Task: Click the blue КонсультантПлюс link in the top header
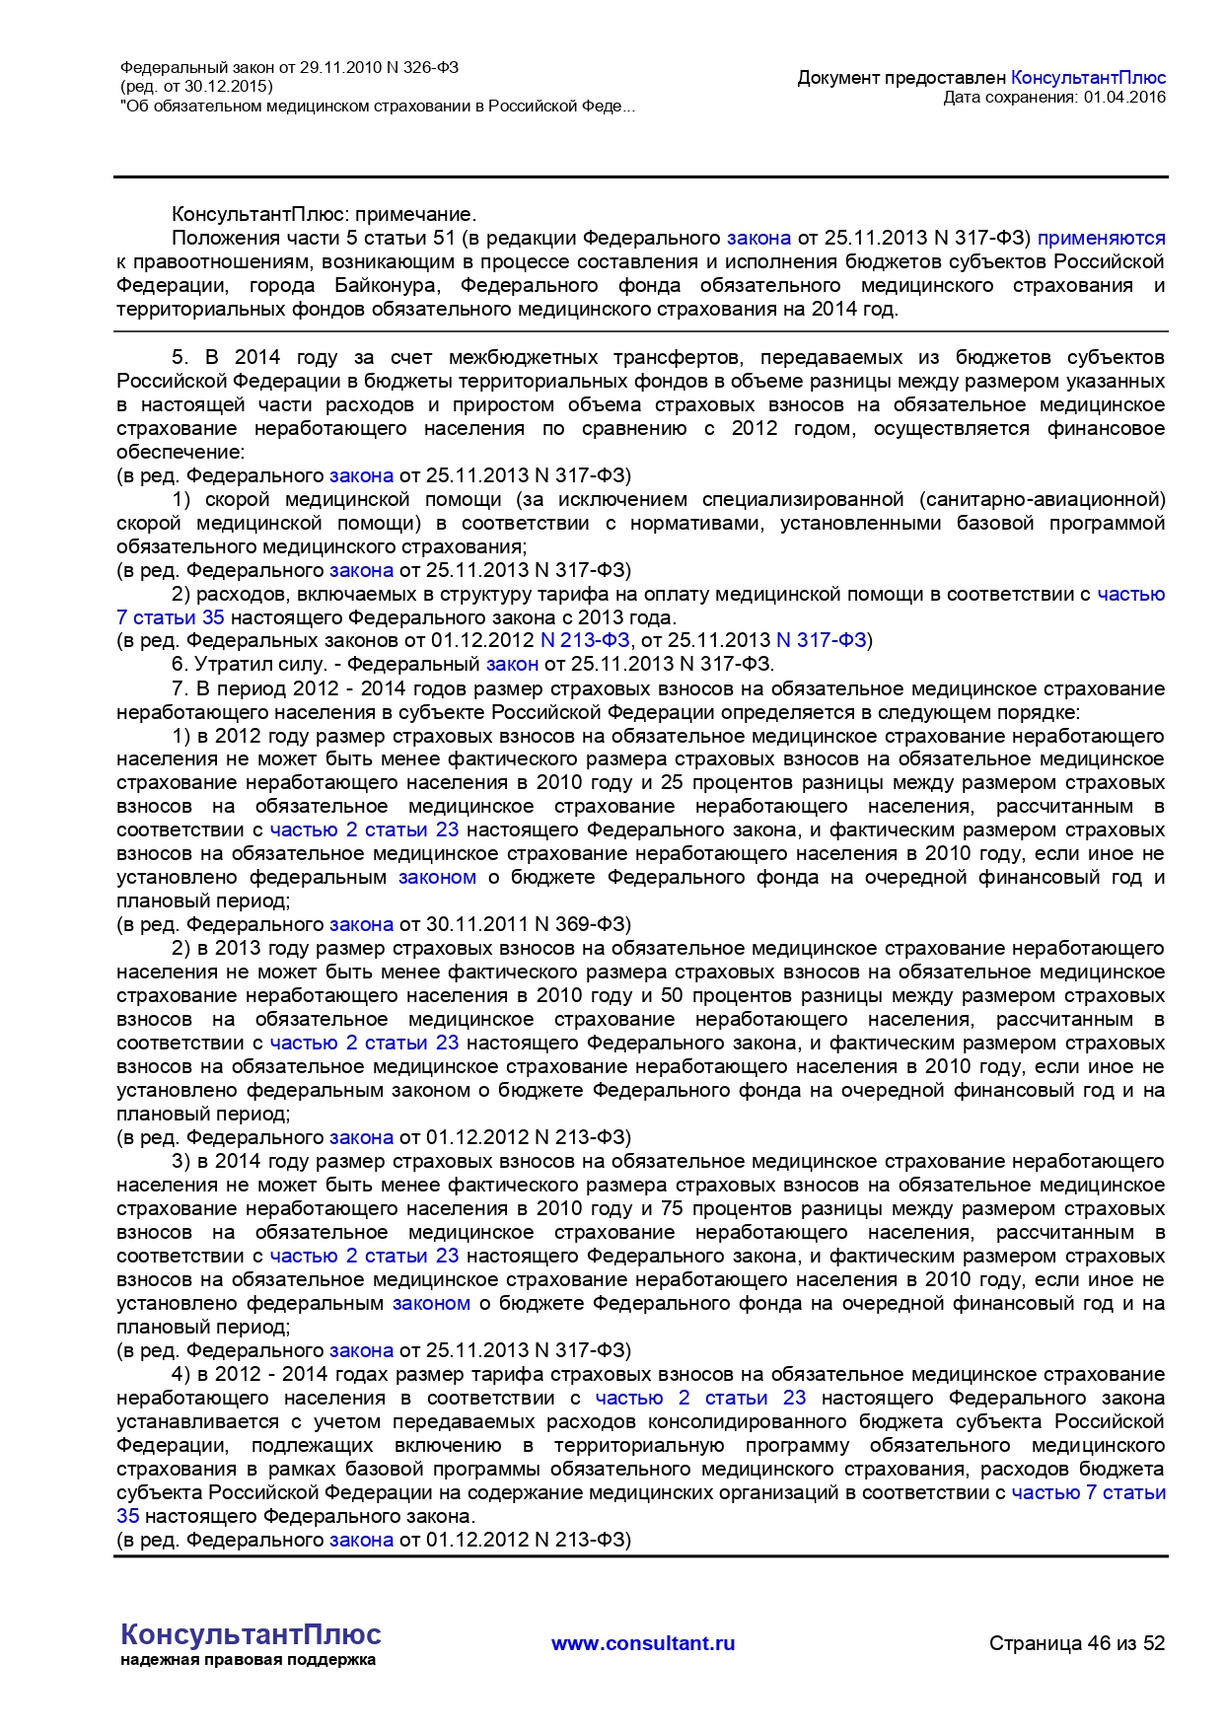[1088, 78]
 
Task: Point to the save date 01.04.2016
[1124, 97]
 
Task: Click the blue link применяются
[1101, 238]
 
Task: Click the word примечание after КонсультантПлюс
[415, 214]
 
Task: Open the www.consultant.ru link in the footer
[642, 1643]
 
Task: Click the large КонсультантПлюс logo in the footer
[251, 1634]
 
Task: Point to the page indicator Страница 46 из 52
[1077, 1643]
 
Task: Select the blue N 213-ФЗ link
[585, 640]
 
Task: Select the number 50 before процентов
[672, 995]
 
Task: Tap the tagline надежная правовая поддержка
[248, 1660]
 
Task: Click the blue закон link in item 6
[512, 664]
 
